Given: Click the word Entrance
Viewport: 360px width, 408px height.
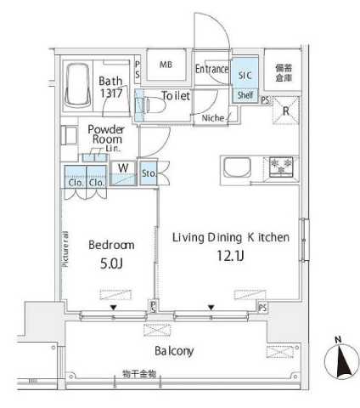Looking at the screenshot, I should click(211, 69).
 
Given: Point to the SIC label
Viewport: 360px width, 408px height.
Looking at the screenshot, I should click(245, 75).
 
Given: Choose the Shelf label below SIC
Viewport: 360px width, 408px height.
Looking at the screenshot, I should click(245, 95).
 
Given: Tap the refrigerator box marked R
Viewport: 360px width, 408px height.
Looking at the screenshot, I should click(286, 110).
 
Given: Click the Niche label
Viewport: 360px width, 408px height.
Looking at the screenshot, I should click(212, 118).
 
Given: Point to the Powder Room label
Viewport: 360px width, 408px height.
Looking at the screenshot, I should click(105, 134).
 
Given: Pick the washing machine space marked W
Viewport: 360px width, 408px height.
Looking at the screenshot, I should click(123, 167).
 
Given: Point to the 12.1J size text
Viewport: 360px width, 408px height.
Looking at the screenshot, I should click(230, 255).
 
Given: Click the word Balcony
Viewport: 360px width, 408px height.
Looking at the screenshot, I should click(174, 350).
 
